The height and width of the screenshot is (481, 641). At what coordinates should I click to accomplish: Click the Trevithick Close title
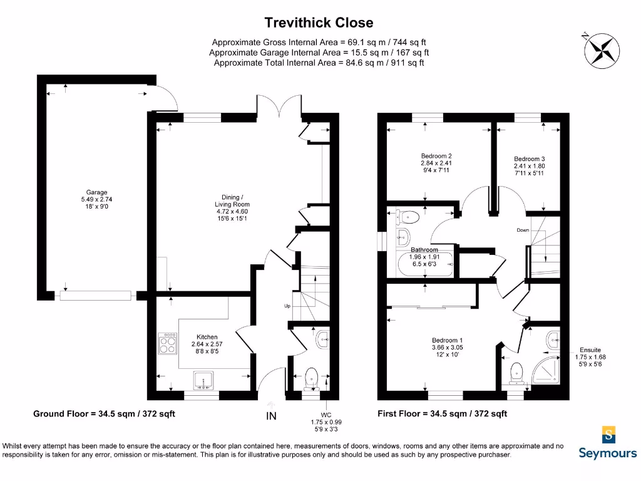point(319,23)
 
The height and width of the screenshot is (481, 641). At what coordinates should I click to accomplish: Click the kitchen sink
point(205,381)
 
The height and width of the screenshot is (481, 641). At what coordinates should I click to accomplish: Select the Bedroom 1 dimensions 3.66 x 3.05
point(434,348)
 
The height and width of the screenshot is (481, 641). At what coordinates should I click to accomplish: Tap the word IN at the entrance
point(272,416)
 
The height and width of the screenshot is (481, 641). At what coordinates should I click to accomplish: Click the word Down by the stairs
point(523,230)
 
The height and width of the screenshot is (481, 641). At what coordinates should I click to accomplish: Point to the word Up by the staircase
point(287,306)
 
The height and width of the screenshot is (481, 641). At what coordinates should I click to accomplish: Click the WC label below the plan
point(326,415)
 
